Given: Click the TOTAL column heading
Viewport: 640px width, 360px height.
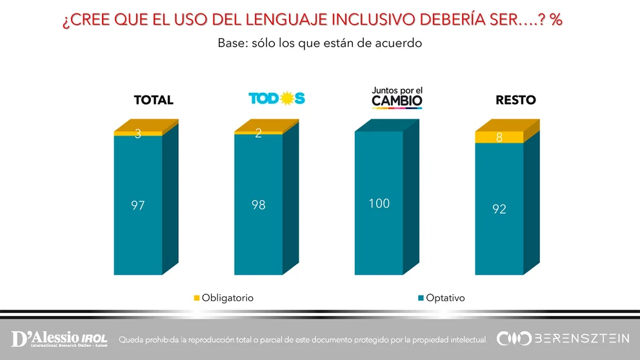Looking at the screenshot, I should click(x=154, y=100).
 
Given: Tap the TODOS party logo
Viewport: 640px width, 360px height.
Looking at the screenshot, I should click(x=277, y=99).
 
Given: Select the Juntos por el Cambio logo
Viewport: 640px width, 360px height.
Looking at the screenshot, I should click(x=397, y=97).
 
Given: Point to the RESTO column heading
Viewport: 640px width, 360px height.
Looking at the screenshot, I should click(x=515, y=100).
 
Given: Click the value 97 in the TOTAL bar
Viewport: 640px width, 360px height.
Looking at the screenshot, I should click(x=137, y=206).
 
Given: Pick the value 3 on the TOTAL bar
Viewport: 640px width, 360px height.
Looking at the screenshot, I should click(x=137, y=134).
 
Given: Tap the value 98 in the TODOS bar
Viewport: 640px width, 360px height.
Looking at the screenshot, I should click(x=258, y=206).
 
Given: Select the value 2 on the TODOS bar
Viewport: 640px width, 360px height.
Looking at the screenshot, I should click(x=258, y=134).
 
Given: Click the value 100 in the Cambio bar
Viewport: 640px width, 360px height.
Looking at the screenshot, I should click(x=379, y=204).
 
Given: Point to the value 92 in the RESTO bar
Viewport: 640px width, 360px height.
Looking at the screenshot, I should click(x=499, y=209).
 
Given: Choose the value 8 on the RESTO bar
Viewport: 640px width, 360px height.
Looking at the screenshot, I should click(x=499, y=137).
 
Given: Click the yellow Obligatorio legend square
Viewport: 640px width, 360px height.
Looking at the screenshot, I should click(x=197, y=298).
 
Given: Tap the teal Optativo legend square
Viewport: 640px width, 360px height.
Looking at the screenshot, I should click(x=420, y=298).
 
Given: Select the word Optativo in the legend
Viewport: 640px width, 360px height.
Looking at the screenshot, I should click(x=445, y=298).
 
